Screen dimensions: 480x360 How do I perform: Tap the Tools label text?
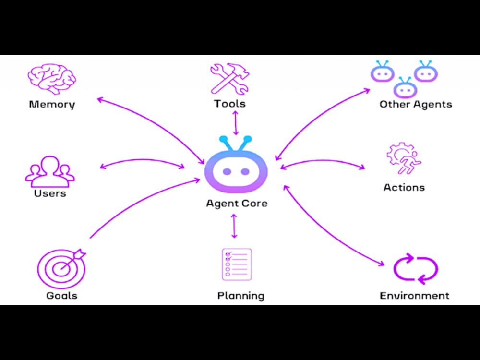point(229,104)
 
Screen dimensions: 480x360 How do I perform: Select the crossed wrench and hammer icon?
point(229,78)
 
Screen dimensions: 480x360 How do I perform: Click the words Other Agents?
point(416,104)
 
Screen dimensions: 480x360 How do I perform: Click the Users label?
point(50,193)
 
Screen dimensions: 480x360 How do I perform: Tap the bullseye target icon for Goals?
point(61,268)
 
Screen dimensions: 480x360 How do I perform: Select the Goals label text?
point(62,296)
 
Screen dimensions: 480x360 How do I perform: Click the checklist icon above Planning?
point(237,264)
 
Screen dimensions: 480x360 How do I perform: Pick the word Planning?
point(241,296)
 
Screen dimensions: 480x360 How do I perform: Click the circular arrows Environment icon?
point(415,269)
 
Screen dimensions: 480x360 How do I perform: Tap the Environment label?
point(415,296)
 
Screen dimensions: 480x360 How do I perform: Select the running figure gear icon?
point(404,158)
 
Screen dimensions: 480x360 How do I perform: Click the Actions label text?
point(404,187)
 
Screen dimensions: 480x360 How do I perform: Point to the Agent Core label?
point(237,203)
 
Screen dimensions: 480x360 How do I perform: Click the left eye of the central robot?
point(227,171)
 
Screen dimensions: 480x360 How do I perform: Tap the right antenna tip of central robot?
point(248,139)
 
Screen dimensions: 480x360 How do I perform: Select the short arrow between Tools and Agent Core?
point(235,123)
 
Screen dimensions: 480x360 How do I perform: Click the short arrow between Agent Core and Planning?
point(234,226)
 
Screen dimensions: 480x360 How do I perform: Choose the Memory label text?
point(52,104)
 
